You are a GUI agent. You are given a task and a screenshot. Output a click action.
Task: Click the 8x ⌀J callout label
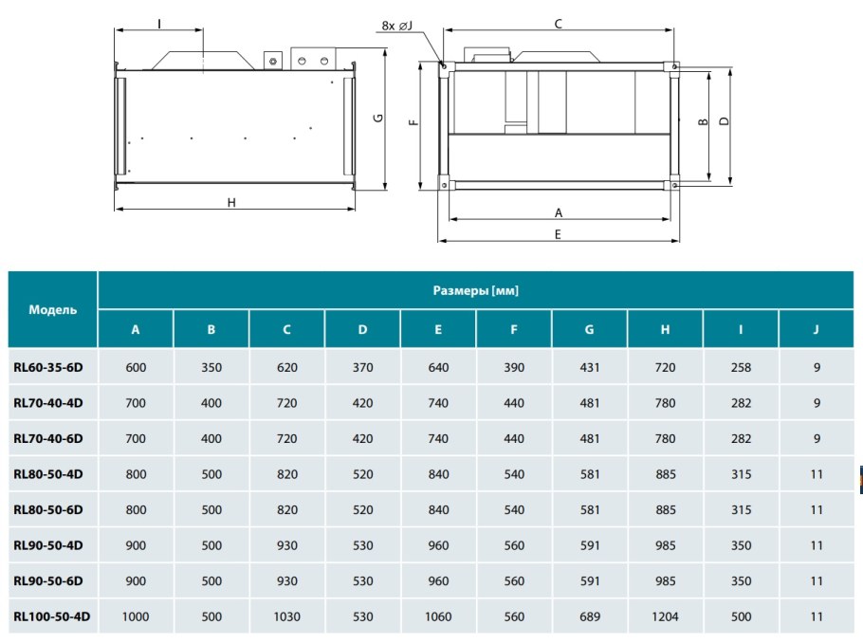click(x=396, y=26)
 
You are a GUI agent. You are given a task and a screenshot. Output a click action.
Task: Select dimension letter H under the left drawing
click(x=231, y=203)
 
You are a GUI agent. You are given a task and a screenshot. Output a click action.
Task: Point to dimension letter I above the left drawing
click(x=159, y=24)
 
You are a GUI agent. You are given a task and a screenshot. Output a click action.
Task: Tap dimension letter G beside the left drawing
click(x=378, y=118)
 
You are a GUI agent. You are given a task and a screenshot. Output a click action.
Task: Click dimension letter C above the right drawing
click(x=558, y=24)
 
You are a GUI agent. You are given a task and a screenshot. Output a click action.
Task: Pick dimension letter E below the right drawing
click(x=558, y=234)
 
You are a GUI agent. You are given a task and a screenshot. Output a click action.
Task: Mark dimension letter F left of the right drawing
click(x=413, y=122)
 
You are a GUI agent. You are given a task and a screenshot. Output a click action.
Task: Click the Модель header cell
click(x=53, y=309)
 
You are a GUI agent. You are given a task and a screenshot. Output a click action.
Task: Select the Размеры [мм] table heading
click(x=475, y=290)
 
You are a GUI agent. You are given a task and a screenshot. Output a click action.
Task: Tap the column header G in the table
click(x=589, y=329)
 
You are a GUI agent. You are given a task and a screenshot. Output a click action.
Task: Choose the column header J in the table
click(x=816, y=329)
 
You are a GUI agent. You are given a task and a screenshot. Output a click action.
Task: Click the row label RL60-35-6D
click(x=48, y=367)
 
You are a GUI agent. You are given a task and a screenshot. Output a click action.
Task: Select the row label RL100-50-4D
click(x=52, y=616)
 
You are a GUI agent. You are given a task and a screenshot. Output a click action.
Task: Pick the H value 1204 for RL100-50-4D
click(x=665, y=616)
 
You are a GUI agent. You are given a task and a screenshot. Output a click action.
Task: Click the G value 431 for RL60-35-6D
click(x=590, y=367)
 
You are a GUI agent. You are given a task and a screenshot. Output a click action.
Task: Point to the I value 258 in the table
click(x=741, y=367)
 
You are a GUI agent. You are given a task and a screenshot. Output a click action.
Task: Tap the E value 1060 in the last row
click(x=438, y=616)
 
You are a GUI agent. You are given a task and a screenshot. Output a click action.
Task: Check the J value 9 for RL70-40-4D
click(x=817, y=403)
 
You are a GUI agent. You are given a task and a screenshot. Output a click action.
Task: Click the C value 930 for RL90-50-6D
click(x=286, y=580)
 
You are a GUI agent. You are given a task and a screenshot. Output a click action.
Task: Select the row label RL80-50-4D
click(x=48, y=474)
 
